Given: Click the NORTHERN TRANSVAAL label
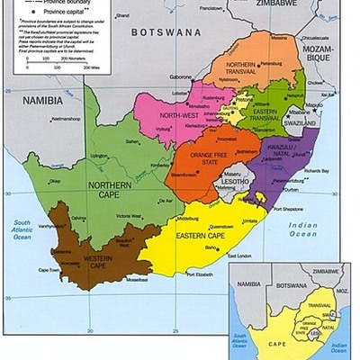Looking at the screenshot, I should [246, 71].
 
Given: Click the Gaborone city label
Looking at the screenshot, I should [181, 76].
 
